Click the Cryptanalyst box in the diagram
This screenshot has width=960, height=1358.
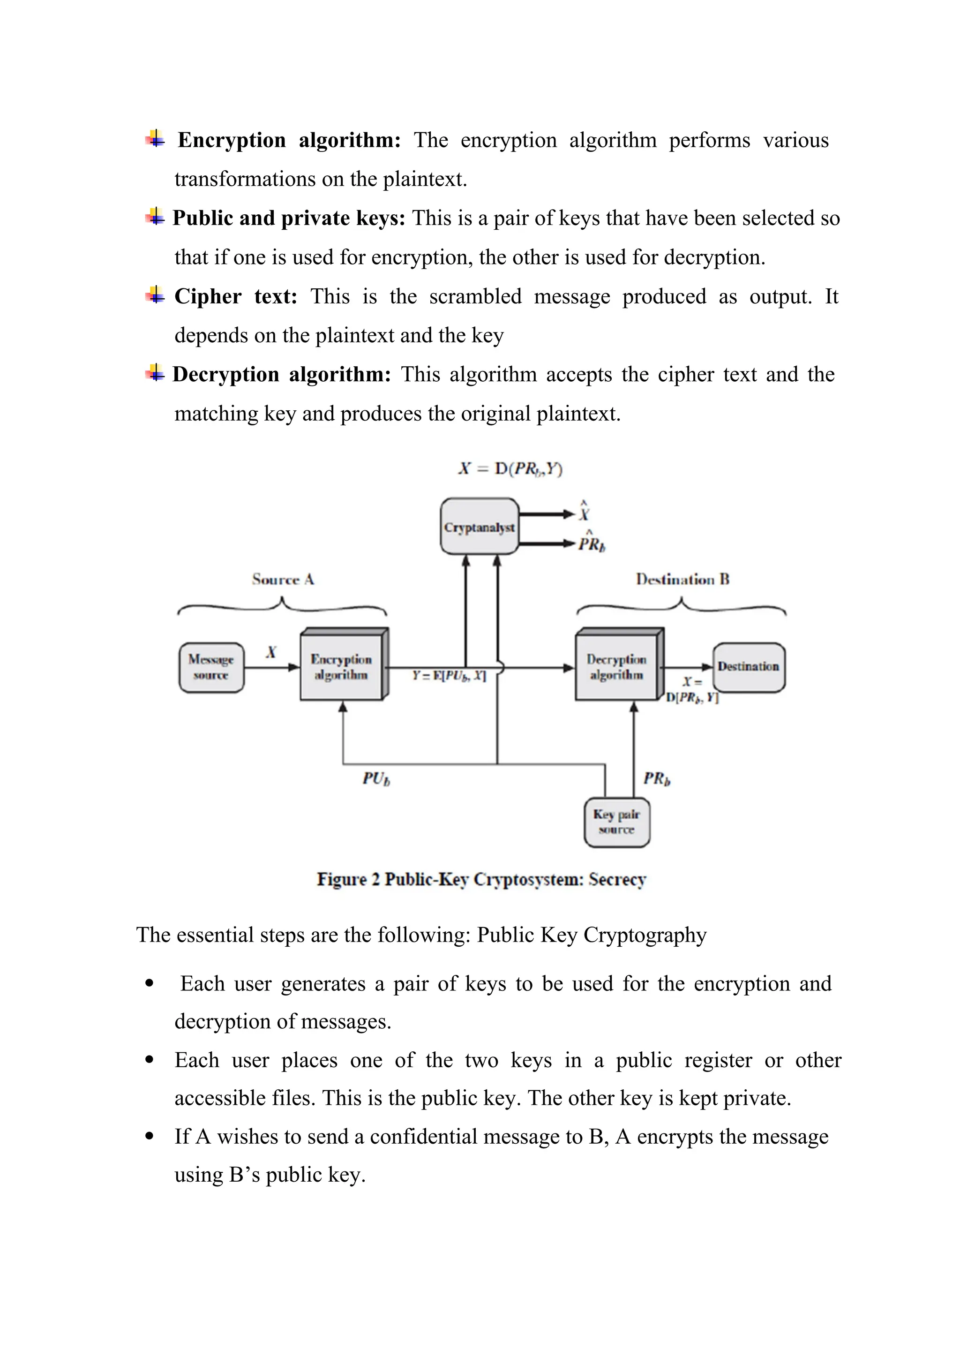coord(480,527)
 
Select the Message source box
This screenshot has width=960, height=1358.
coord(211,667)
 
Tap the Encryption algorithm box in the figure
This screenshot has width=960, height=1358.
coord(341,667)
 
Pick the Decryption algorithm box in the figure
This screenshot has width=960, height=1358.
coord(616,667)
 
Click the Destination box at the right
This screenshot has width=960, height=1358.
coord(749,667)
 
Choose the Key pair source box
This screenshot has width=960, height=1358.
coord(616,822)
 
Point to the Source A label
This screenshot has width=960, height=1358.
coord(283,580)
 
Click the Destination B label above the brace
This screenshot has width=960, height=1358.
coord(683,580)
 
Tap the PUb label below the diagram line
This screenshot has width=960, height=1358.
coord(376,778)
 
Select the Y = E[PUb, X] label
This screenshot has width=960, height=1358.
coord(449,675)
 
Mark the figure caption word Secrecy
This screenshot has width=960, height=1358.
coord(617,880)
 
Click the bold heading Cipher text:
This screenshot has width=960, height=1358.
coord(235,296)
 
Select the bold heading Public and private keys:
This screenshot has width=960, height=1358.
coord(288,218)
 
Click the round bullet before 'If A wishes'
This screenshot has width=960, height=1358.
coord(150,1136)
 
